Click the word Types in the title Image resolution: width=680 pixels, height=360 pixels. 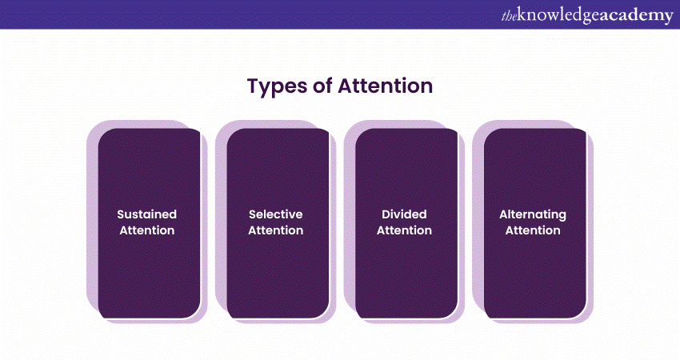(x=276, y=86)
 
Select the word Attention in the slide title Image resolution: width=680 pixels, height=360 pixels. (x=386, y=86)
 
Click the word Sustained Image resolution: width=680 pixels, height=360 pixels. (x=147, y=214)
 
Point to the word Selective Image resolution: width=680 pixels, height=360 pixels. (x=276, y=214)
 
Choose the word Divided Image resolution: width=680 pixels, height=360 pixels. (x=404, y=214)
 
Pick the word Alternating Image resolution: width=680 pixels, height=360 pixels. (x=533, y=215)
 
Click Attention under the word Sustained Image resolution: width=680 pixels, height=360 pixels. (x=147, y=230)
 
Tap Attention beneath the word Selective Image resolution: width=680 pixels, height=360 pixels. (x=276, y=230)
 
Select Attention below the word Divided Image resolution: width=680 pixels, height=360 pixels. (x=404, y=230)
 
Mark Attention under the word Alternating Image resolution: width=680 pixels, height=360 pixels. (x=533, y=230)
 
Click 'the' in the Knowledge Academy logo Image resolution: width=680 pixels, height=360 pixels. (x=509, y=16)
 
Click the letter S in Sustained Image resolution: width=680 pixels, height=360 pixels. (x=121, y=214)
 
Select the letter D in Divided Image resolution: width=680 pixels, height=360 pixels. (x=386, y=214)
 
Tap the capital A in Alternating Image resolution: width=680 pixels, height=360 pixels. (x=504, y=214)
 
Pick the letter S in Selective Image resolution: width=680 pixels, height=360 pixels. (x=252, y=214)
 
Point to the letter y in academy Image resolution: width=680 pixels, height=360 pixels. (x=668, y=18)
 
